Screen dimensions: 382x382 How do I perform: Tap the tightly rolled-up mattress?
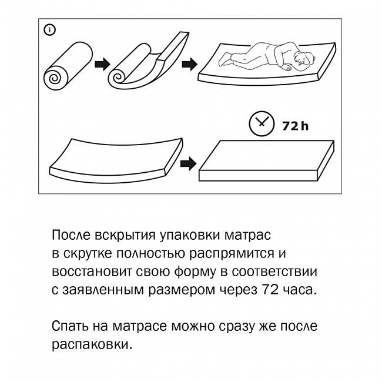(66, 67)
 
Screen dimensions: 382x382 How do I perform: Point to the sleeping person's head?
(304, 59)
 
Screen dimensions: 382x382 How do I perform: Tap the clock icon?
(261, 123)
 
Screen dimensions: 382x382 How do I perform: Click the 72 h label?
(294, 125)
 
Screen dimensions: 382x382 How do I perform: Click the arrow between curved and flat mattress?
(187, 162)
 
